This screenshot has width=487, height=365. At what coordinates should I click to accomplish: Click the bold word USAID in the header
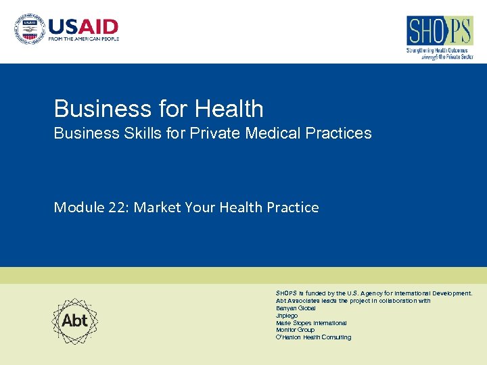pyautogui.click(x=83, y=27)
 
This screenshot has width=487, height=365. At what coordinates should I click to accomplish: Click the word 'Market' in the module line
pyautogui.click(x=156, y=208)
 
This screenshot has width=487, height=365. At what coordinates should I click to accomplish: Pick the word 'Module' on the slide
pyautogui.click(x=78, y=208)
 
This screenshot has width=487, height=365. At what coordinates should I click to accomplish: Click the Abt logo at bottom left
pyautogui.click(x=75, y=320)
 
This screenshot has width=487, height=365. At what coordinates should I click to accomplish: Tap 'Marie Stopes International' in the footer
pyautogui.click(x=311, y=323)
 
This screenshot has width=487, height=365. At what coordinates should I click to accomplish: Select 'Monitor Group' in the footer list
pyautogui.click(x=295, y=330)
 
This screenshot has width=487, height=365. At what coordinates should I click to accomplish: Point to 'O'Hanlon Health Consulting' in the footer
pyautogui.click(x=313, y=337)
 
